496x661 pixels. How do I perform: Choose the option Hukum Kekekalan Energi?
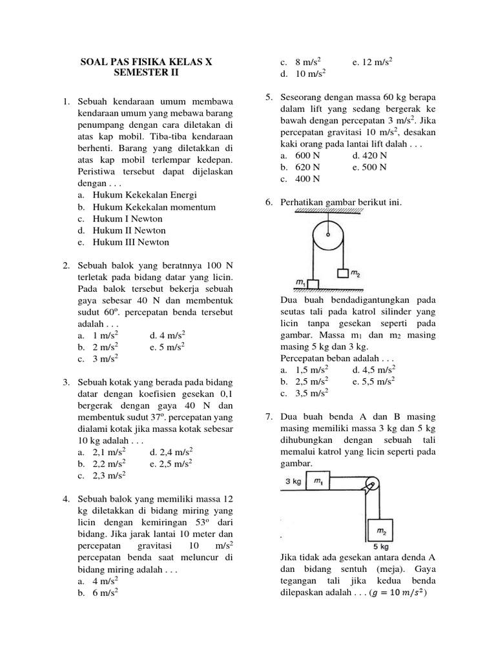(145, 195)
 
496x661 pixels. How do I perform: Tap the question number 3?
(67, 383)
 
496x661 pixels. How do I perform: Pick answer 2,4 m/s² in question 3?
(167, 453)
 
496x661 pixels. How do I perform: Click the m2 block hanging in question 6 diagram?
(343, 274)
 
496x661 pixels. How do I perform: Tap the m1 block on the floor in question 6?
(313, 284)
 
